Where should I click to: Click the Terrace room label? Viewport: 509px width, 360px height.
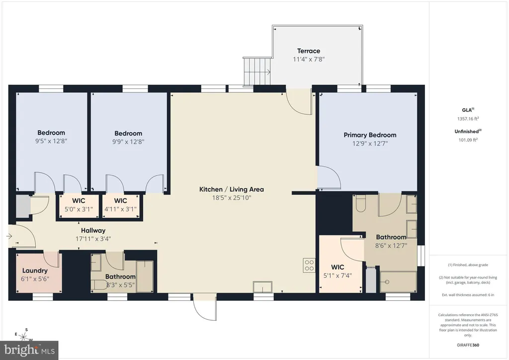point(308,51)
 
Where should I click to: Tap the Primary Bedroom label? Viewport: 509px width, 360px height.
point(370,135)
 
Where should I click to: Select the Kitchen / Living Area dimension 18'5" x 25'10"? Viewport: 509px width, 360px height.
point(232,198)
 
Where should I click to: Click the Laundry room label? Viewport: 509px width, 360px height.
point(35,270)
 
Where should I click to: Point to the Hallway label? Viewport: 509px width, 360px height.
point(93,231)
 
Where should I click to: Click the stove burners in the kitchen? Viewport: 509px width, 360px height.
point(309,265)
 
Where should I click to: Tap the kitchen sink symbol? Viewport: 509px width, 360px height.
point(263,287)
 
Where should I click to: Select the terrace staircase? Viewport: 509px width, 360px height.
point(257,72)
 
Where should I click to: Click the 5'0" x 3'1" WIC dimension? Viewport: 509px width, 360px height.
point(79,209)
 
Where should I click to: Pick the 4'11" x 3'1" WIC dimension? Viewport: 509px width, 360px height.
point(120,209)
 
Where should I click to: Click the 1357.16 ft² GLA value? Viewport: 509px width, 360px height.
point(468,118)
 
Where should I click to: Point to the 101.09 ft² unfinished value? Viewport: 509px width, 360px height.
point(468,140)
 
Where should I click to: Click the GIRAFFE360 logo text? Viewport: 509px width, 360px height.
point(468,345)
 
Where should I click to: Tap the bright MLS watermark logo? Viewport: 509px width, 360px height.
point(29,350)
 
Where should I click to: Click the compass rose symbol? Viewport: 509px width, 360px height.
point(24,336)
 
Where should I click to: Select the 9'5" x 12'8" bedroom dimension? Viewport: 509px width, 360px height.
point(51,141)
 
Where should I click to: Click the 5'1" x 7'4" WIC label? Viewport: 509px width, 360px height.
point(338,275)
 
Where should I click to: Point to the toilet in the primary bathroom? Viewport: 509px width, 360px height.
point(361,203)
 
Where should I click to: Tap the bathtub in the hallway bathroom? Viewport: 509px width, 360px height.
point(145,276)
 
